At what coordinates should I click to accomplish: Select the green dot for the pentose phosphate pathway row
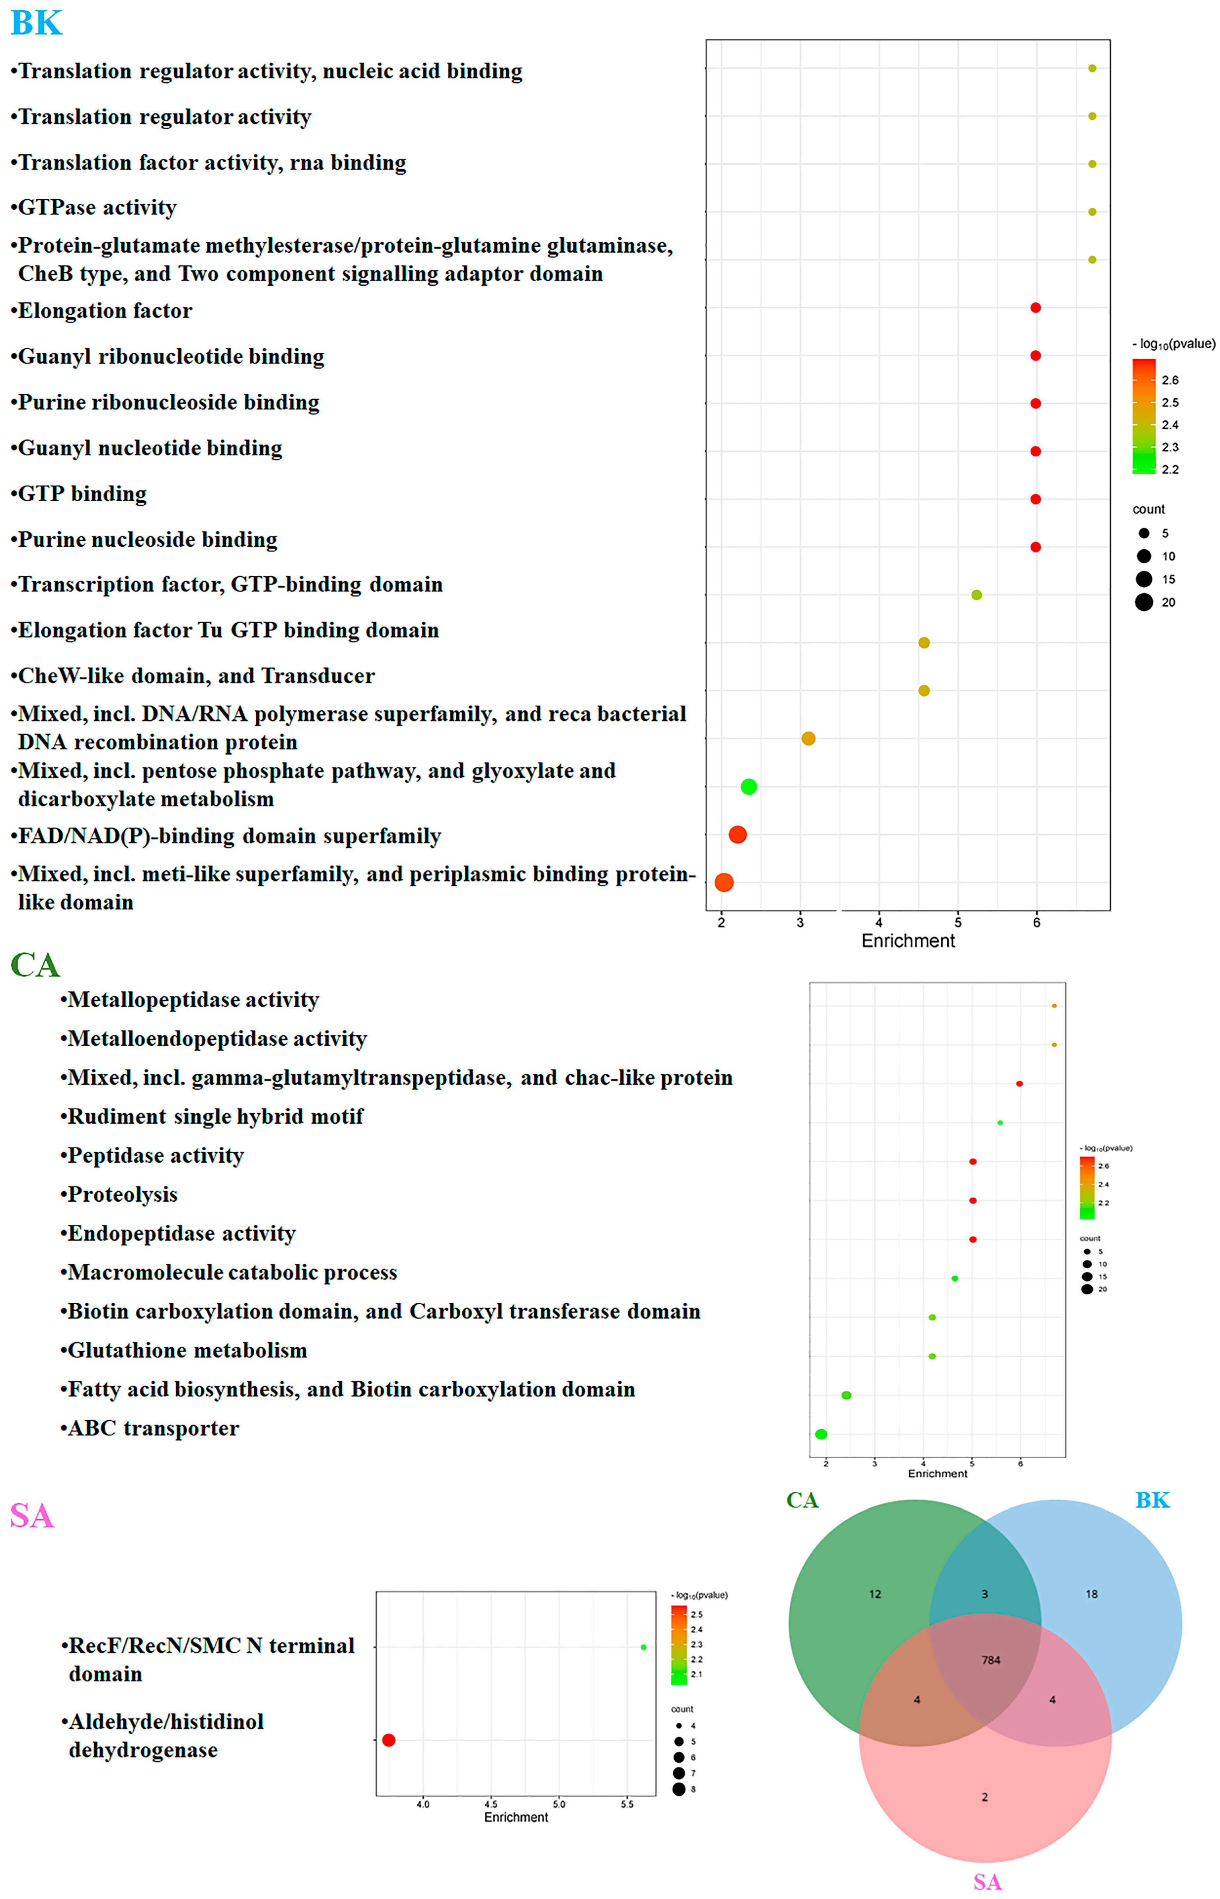pos(749,786)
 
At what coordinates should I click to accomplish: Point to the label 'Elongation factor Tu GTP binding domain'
pos(228,630)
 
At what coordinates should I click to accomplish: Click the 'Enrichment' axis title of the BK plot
pos(908,941)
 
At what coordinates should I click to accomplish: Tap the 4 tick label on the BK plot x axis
pos(879,923)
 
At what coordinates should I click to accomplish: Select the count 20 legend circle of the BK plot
pos(1144,603)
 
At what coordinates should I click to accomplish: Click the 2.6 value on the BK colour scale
pos(1170,380)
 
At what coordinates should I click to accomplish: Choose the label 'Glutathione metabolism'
pos(187,1350)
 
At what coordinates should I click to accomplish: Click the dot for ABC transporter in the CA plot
pos(822,1434)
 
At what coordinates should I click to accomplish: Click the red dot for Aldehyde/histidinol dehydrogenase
pos(388,1740)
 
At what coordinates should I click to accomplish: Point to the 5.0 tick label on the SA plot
pos(559,1804)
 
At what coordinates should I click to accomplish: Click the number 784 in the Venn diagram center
pos(991,1660)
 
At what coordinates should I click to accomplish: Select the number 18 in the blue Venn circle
pos(1092,1594)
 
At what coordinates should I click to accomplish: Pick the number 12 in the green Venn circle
pos(875,1594)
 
